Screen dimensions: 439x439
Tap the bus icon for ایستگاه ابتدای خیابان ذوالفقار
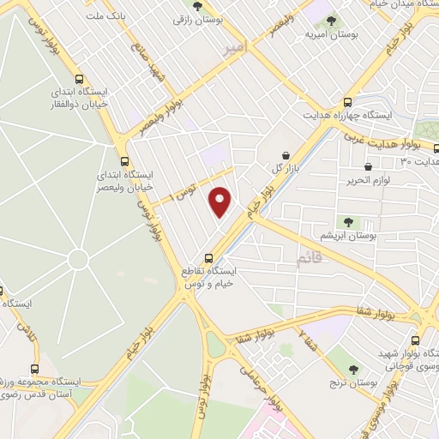(79, 78)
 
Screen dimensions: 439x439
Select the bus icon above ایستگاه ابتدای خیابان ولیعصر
(125, 160)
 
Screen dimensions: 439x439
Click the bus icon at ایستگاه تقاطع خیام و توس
(210, 258)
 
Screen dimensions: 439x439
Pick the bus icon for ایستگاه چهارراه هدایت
(347, 101)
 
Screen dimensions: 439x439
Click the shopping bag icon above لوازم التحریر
(368, 166)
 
